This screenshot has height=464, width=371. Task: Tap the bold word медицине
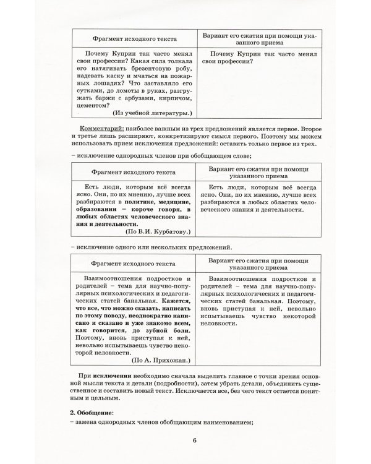point(177,201)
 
